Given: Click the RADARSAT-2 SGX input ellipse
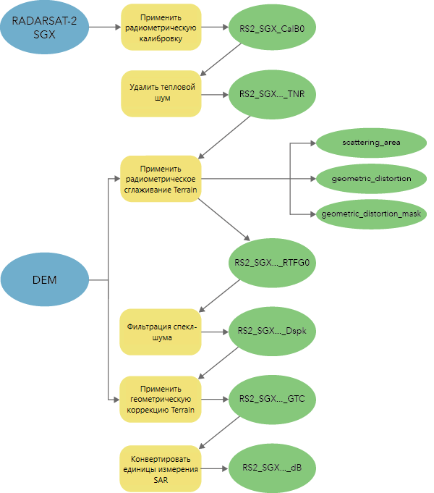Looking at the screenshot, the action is click(44, 28).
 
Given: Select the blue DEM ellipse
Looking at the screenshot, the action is click(45, 279).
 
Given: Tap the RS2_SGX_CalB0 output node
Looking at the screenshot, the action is click(272, 28).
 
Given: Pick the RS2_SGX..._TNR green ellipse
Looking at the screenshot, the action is click(272, 94).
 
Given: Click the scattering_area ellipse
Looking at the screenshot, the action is click(371, 143).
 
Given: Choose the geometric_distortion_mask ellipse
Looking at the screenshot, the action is click(371, 214).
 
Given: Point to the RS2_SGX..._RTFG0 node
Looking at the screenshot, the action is click(272, 263).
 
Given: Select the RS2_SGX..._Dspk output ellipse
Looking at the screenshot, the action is click(272, 332).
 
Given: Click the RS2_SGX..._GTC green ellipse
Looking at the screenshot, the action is click(272, 400).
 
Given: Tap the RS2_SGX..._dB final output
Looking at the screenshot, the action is click(272, 468).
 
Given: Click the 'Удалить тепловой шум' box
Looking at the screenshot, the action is click(161, 93).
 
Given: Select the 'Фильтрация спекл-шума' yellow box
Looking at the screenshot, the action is click(161, 332).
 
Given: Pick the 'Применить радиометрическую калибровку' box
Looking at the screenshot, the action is click(161, 28).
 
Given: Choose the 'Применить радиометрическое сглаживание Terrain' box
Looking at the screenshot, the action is click(161, 179).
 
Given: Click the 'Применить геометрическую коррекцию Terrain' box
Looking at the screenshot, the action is click(161, 400).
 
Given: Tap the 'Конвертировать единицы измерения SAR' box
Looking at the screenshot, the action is click(161, 469).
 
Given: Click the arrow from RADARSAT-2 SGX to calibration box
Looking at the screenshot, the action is click(105, 28).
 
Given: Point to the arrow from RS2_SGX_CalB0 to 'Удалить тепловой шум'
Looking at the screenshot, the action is click(221, 59).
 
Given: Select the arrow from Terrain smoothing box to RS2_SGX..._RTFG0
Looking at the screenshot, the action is click(224, 219).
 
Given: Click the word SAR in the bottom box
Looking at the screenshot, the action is click(161, 480).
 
